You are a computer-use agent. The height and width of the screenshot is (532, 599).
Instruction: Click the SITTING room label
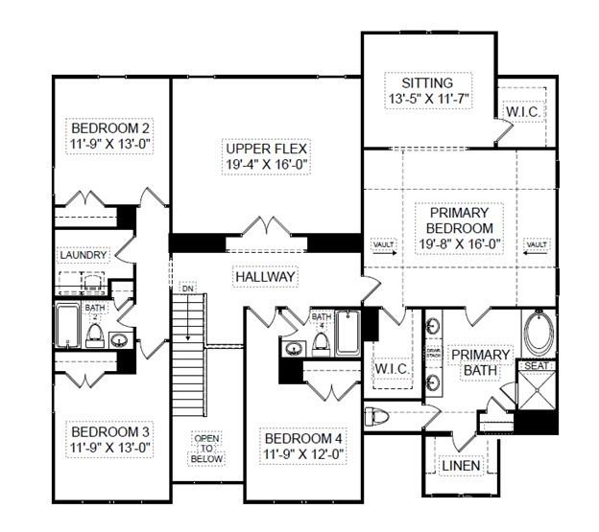pos(427,83)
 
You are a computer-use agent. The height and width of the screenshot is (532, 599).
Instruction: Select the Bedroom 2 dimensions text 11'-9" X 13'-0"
pos(111,144)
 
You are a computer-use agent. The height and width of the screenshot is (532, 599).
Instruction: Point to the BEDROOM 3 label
pos(111,430)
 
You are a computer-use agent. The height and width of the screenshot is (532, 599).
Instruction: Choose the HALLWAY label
pos(265,276)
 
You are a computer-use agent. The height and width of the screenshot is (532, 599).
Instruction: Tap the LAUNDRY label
pos(83,254)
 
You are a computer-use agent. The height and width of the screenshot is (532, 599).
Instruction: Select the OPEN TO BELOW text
pos(207,449)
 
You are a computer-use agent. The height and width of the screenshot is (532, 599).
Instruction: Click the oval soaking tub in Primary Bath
pos(538,333)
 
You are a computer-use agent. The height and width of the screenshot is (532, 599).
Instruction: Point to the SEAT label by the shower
pos(536,366)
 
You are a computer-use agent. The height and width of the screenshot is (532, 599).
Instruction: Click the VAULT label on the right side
pos(537,245)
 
